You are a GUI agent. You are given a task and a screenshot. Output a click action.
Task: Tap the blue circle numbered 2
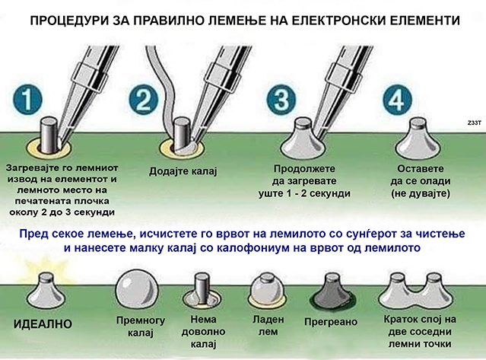[144, 100]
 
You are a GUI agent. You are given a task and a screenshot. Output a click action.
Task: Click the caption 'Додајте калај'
[186, 172]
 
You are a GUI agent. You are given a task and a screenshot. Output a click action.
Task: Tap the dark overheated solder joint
[327, 292]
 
